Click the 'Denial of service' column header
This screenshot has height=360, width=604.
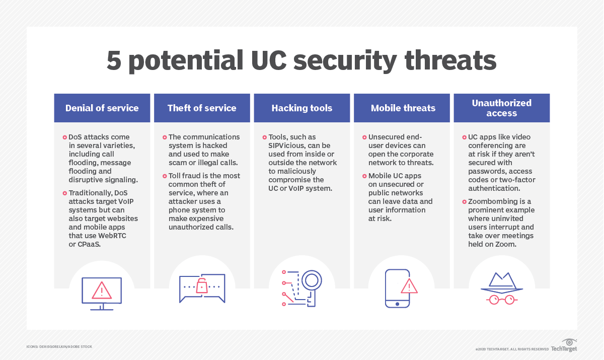click(102, 108)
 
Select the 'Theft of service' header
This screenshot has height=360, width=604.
click(202, 108)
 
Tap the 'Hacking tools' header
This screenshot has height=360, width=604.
click(302, 108)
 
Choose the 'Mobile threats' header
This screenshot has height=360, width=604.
click(403, 108)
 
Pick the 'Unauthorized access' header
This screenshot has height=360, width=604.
click(502, 108)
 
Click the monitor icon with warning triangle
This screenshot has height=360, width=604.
click(102, 291)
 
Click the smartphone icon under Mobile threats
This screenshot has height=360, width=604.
click(398, 288)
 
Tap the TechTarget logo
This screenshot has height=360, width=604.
click(564, 346)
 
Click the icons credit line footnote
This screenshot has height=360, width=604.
click(59, 346)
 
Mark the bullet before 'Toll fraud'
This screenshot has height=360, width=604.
click(165, 176)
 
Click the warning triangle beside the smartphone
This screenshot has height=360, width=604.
click(409, 286)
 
